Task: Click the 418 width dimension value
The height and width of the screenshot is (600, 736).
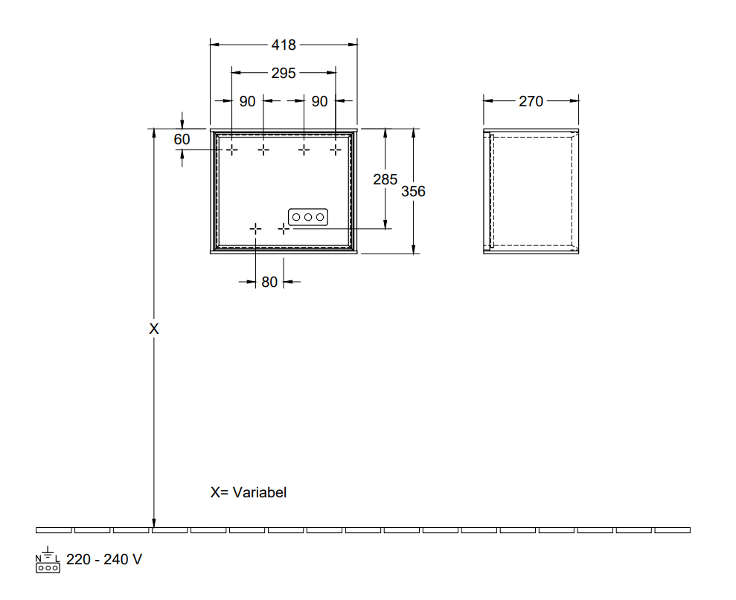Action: click(284, 45)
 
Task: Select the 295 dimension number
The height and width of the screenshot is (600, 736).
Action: click(284, 73)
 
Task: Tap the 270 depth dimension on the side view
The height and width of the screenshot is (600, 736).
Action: click(531, 101)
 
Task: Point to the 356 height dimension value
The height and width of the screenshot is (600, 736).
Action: click(413, 191)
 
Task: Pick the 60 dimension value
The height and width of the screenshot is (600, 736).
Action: click(182, 139)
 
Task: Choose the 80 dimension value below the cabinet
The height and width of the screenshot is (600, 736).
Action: click(269, 282)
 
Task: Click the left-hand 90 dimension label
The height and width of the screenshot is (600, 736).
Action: click(247, 101)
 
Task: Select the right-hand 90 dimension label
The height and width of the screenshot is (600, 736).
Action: click(319, 101)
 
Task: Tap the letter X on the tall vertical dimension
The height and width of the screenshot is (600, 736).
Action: click(154, 329)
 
